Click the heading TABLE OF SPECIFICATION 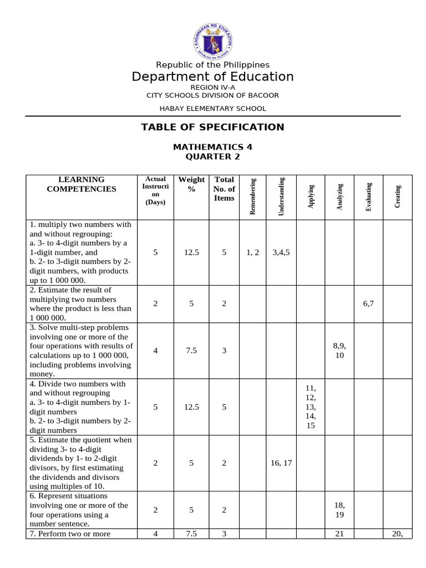(x=212, y=127)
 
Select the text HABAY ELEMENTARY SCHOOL (x=212, y=109)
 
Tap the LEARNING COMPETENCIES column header (x=82, y=184)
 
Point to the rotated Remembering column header (x=253, y=196)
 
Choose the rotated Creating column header (x=398, y=196)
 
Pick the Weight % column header (x=191, y=184)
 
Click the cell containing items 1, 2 (x=252, y=252)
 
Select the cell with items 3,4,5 (x=281, y=252)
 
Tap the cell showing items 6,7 (x=369, y=304)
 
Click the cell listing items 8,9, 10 (x=339, y=351)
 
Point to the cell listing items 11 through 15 (x=310, y=407)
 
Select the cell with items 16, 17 (x=281, y=463)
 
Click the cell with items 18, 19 (x=339, y=510)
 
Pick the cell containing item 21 (x=339, y=534)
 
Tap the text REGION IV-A (x=212, y=87)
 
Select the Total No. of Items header (x=224, y=189)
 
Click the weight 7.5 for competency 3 (x=191, y=351)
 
